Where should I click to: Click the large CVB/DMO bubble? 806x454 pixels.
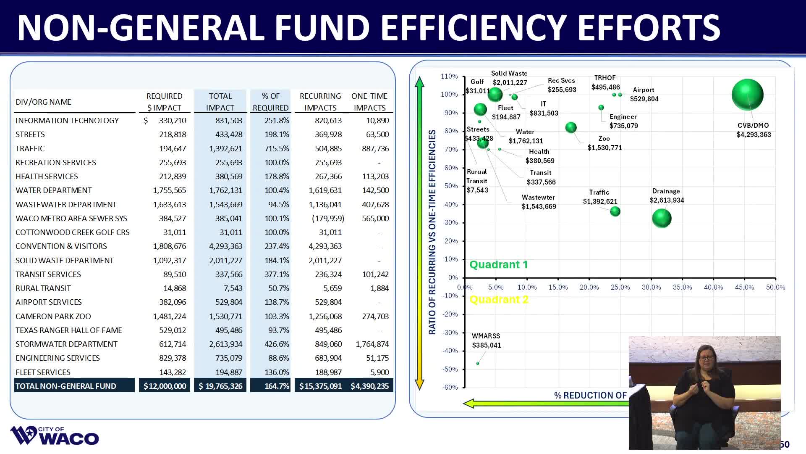tap(747, 95)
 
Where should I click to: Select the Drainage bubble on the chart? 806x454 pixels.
tap(662, 218)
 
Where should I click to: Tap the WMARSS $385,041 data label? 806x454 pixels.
tap(486, 340)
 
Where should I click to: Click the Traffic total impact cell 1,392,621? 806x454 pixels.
tap(225, 148)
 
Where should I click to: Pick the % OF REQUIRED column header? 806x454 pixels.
tap(270, 102)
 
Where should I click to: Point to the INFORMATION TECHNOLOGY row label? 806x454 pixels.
tap(67, 120)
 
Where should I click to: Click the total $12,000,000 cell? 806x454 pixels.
tap(165, 386)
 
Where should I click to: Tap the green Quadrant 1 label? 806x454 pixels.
tap(498, 264)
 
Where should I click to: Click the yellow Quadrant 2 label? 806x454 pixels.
tap(498, 299)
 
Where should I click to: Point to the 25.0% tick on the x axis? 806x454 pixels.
tap(620, 287)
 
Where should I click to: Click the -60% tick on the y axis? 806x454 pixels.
tap(450, 387)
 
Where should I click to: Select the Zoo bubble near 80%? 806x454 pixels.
tap(571, 127)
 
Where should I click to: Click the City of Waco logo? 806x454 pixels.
tap(55, 436)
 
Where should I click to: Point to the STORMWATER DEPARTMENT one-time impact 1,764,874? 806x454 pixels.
tap(372, 344)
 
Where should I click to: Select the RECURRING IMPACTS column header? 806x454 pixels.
tap(320, 102)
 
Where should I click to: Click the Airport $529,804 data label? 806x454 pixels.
tap(644, 95)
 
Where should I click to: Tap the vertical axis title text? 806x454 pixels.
tap(432, 232)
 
